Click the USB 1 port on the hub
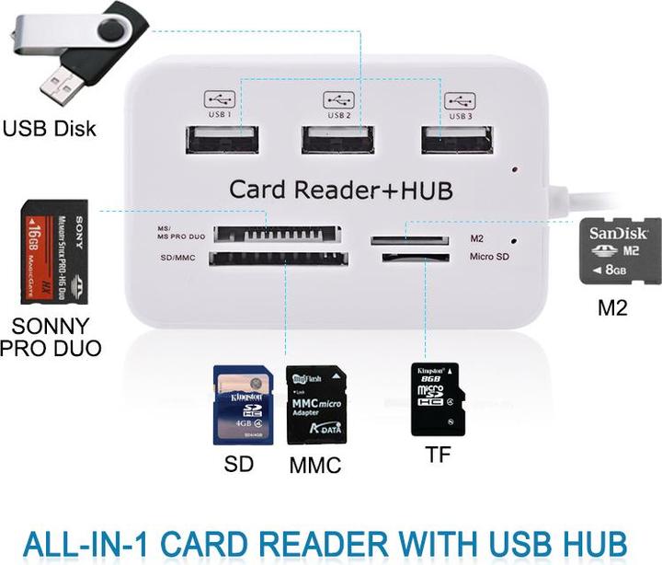[x=223, y=139]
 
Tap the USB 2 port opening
[x=337, y=139]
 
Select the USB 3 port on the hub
[x=457, y=139]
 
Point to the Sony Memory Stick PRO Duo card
[x=54, y=252]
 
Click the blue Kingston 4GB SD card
[x=243, y=406]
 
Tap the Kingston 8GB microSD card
[x=437, y=398]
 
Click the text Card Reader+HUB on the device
[x=340, y=190]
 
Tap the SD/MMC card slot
[x=277, y=259]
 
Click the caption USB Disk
[x=49, y=128]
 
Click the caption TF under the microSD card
[x=438, y=455]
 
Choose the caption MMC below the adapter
[x=314, y=466]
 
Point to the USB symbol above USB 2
[x=337, y=98]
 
